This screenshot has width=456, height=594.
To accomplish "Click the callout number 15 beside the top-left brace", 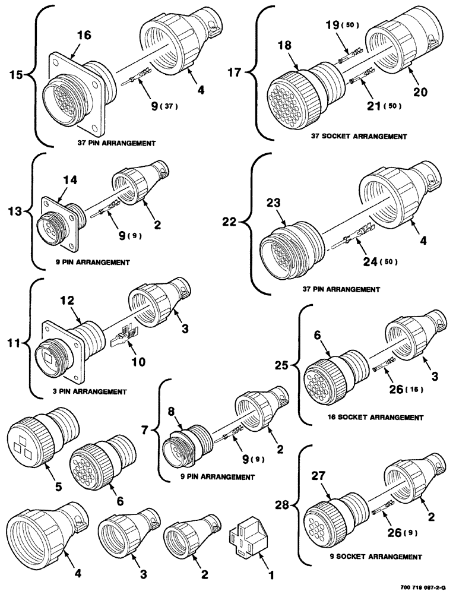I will pos(16,75).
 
